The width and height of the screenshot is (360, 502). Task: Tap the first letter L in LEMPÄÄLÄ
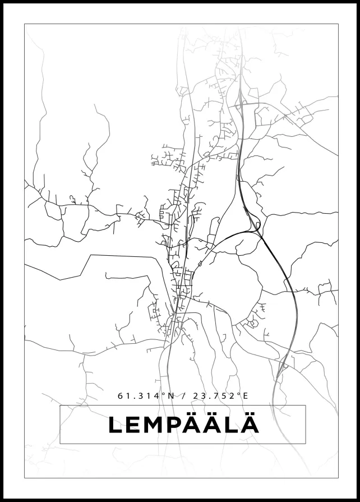click(116, 425)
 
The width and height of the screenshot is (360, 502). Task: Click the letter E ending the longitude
click(244, 395)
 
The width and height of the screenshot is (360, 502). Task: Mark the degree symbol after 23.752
click(239, 394)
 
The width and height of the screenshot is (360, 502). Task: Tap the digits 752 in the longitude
click(224, 395)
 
